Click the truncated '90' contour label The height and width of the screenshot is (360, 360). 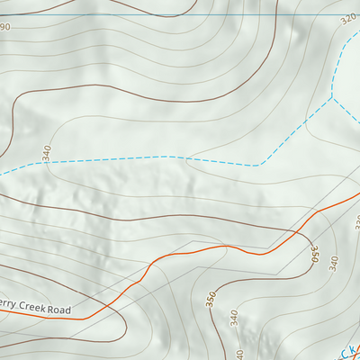[x=4, y=28]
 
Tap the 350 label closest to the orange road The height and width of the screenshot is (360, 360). [x=314, y=254]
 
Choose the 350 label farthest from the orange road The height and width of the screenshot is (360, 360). [x=211, y=300]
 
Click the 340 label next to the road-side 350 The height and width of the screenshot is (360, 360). [x=335, y=263]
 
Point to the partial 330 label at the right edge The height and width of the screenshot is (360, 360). [x=356, y=221]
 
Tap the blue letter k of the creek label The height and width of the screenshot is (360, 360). [x=355, y=343]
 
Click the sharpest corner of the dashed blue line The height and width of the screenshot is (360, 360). [x=259, y=166]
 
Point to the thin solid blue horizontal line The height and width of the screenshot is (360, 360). [x=180, y=14]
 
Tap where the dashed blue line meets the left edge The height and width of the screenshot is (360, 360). [x=2, y=173]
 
